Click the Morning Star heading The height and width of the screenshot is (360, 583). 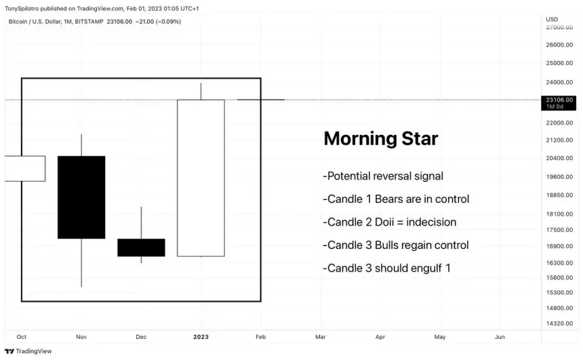tap(380, 139)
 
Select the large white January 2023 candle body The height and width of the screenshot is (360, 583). tap(201, 178)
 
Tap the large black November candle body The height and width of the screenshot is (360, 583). tap(81, 197)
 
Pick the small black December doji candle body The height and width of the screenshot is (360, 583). tap(141, 247)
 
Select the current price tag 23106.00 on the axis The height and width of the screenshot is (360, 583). tap(559, 100)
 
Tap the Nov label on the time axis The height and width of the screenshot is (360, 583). tap(81, 337)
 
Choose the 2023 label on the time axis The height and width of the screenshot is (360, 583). tap(201, 337)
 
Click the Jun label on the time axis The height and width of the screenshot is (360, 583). tap(500, 337)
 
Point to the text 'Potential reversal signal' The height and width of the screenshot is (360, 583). tap(383, 176)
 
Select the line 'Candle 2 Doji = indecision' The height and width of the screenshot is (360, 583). tap(390, 222)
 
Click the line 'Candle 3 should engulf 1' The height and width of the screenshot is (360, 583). tap(386, 268)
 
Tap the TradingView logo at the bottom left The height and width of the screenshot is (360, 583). tap(28, 351)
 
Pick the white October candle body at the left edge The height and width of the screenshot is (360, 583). tap(24, 168)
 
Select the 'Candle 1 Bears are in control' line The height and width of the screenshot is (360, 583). tap(396, 199)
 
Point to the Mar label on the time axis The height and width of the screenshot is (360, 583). tap(320, 337)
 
